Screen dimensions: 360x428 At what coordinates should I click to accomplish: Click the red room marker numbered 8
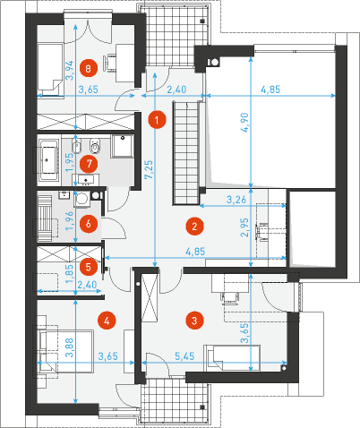(x=89, y=69)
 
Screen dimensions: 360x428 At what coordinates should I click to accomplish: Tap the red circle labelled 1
(x=157, y=120)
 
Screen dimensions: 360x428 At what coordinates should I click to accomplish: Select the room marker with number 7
(x=89, y=164)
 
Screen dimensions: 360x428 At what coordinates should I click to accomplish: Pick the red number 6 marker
(x=89, y=224)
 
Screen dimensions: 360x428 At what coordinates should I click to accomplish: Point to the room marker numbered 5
(x=89, y=267)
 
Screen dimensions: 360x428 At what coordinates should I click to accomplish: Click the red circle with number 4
(x=107, y=321)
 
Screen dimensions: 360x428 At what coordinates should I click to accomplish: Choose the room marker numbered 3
(x=194, y=321)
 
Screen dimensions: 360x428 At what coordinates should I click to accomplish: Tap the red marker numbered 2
(x=194, y=227)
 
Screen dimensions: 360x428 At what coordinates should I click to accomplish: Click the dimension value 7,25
(x=149, y=170)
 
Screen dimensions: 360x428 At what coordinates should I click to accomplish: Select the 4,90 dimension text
(x=244, y=123)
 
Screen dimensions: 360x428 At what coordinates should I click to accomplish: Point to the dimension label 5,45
(x=184, y=355)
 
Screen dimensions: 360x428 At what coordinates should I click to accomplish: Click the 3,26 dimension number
(x=236, y=200)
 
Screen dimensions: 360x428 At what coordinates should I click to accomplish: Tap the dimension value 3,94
(x=69, y=71)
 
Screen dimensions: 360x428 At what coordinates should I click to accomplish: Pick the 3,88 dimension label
(x=69, y=347)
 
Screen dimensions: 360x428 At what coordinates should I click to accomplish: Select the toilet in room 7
(x=95, y=145)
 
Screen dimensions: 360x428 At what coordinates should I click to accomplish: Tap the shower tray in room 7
(x=122, y=146)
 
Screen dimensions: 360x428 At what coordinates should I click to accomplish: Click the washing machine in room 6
(x=81, y=199)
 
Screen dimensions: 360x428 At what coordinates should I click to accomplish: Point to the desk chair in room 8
(x=108, y=63)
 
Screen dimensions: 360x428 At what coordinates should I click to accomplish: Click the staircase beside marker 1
(x=186, y=153)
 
